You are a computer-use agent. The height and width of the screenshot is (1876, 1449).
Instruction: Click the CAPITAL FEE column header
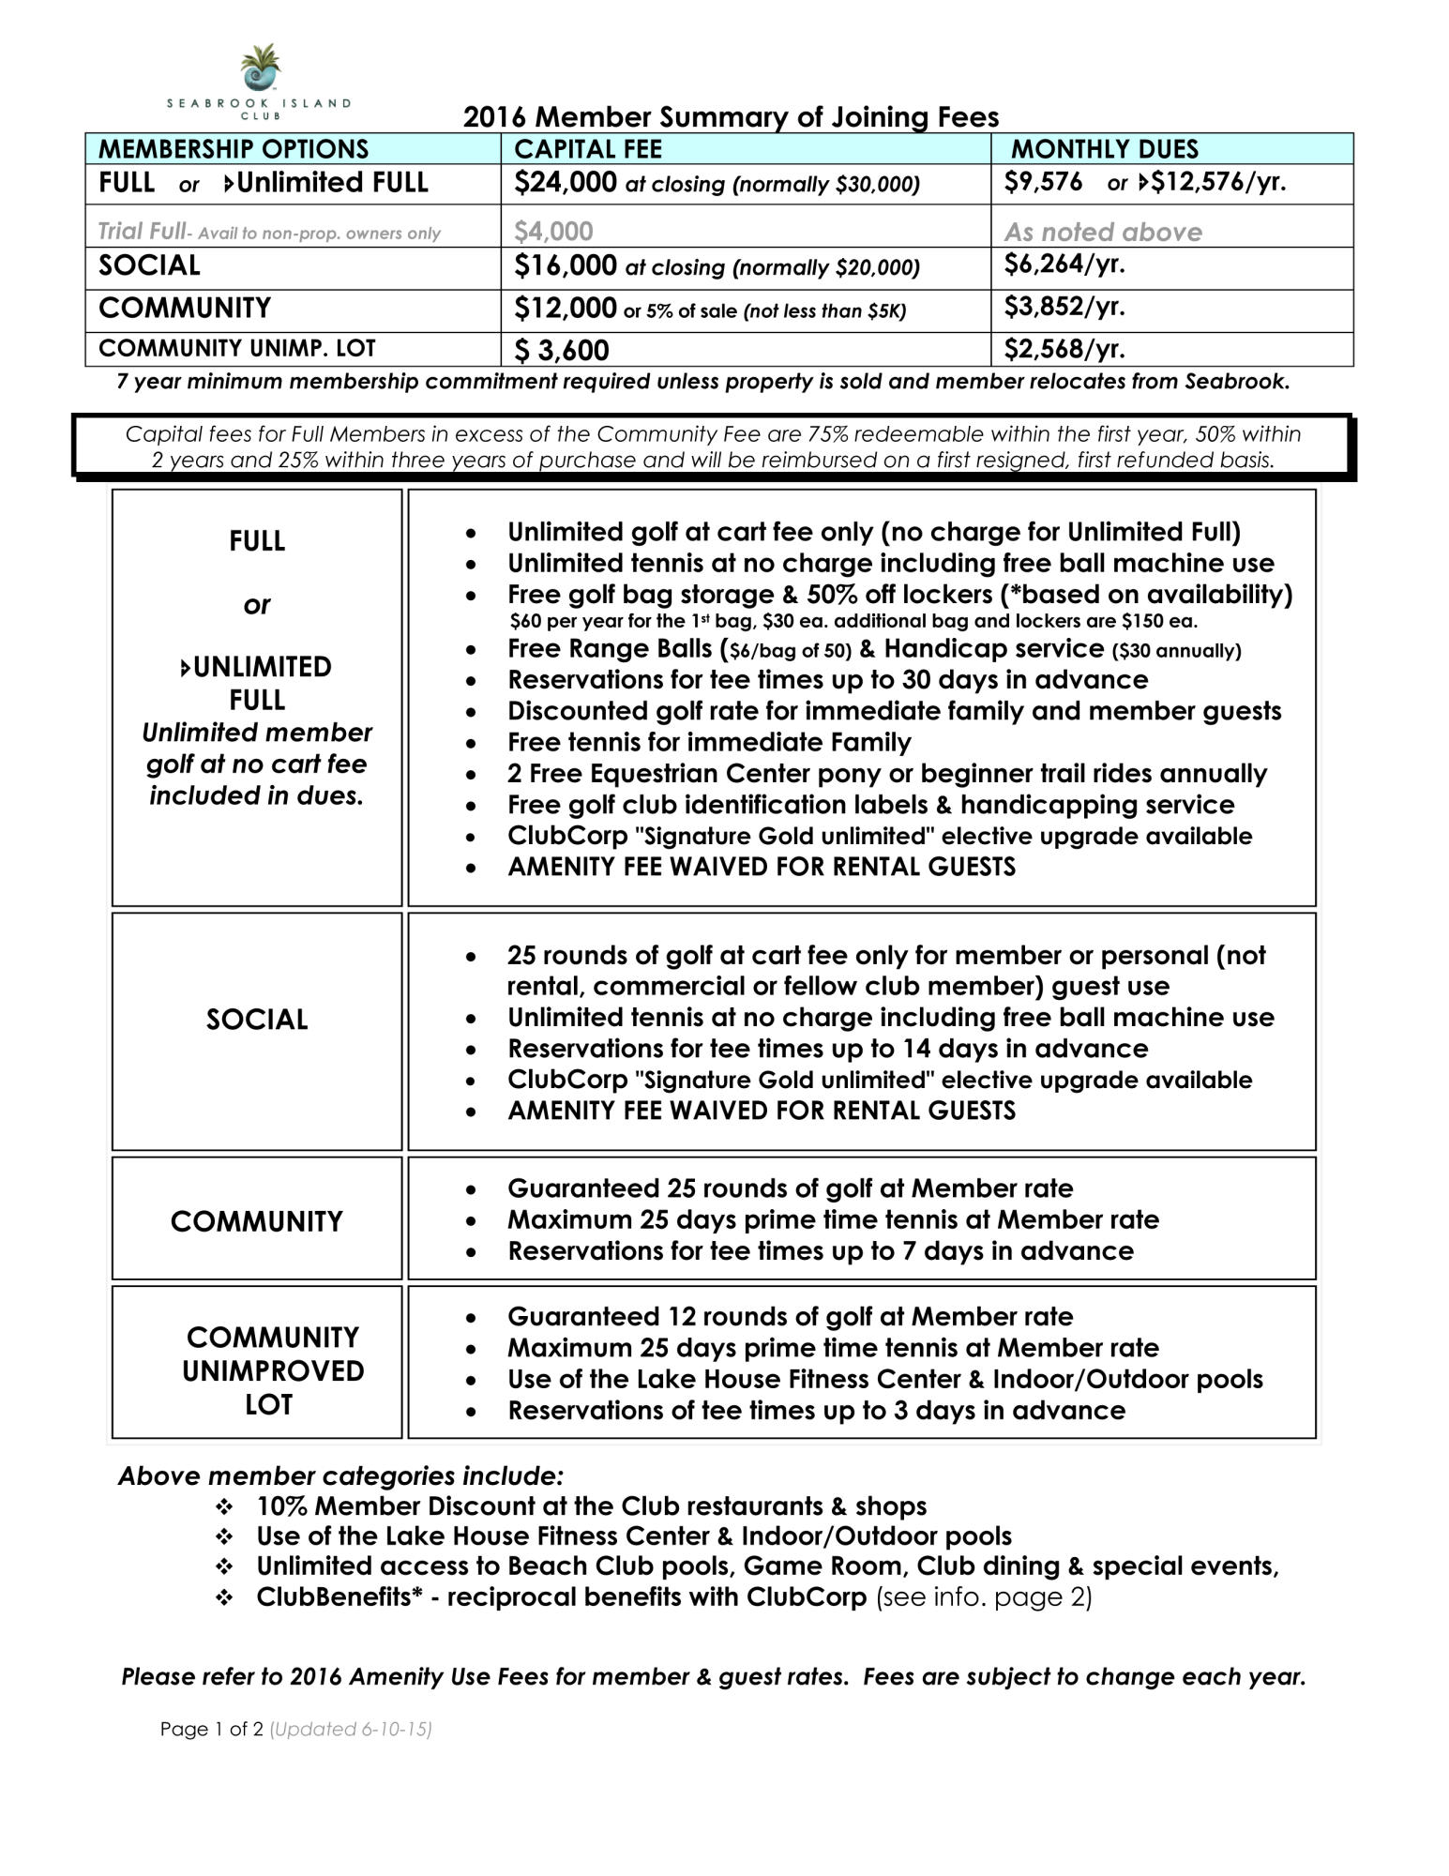(x=588, y=149)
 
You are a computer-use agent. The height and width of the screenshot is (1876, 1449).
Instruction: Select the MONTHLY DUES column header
(x=1104, y=149)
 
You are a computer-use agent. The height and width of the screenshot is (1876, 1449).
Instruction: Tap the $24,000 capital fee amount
(x=565, y=182)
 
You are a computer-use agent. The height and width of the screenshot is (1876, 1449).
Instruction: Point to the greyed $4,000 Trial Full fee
(x=553, y=231)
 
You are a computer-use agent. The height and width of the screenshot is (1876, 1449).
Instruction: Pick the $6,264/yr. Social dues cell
(x=1064, y=265)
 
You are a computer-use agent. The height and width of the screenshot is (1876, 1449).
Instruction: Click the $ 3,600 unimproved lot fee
(x=562, y=350)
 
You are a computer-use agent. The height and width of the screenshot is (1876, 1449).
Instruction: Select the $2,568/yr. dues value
(x=1064, y=349)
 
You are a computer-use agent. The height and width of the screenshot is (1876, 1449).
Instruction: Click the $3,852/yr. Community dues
(x=1064, y=307)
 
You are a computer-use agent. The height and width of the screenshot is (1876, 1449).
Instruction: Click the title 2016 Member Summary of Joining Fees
(x=731, y=117)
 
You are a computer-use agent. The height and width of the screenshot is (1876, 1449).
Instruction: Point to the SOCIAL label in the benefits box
(x=257, y=1020)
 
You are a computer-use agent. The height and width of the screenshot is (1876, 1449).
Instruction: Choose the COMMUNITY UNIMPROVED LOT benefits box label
(x=272, y=1370)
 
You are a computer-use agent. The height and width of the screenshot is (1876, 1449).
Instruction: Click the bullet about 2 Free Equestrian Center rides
(x=886, y=774)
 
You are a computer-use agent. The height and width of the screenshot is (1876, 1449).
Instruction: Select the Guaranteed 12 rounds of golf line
(x=790, y=1317)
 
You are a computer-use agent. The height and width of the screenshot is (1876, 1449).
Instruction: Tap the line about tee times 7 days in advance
(x=820, y=1251)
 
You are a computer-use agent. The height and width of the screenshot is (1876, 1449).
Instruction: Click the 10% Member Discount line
(x=591, y=1506)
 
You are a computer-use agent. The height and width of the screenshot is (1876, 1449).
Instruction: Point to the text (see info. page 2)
(x=984, y=1596)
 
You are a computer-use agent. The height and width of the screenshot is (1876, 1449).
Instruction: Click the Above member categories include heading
(x=340, y=1475)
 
